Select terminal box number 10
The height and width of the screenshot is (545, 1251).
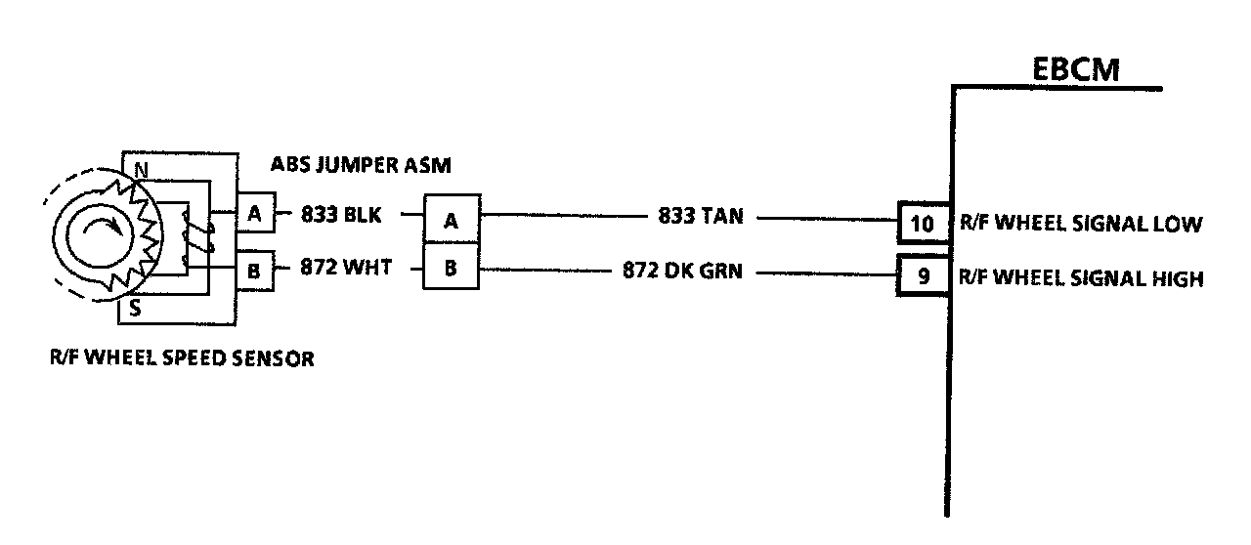tap(922, 224)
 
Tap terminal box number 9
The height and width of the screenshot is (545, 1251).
tap(922, 277)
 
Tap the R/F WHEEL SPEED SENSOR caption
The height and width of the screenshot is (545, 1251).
tap(182, 358)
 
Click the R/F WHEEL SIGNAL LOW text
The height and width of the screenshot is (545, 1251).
tap(1079, 224)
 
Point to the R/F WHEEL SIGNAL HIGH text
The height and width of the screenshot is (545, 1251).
tap(1080, 278)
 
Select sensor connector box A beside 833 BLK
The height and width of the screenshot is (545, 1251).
tap(254, 215)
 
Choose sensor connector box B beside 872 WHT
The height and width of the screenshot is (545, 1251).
tap(254, 271)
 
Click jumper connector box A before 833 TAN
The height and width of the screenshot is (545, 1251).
tap(451, 220)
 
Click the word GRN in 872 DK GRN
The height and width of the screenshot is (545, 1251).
tap(719, 271)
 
